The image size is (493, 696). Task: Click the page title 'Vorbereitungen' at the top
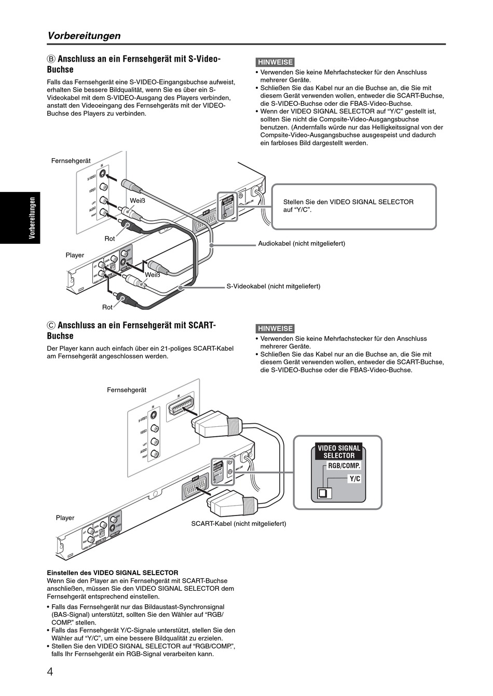tap(84, 36)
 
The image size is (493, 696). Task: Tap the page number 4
tap(50, 673)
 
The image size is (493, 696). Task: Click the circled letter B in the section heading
tap(51, 59)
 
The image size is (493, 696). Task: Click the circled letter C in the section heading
tap(51, 325)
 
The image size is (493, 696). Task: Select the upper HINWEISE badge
tap(275, 62)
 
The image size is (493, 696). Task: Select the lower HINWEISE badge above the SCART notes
tap(275, 328)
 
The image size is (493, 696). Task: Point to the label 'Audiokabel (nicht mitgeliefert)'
tap(302, 243)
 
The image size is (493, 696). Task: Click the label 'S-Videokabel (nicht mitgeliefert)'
tap(273, 286)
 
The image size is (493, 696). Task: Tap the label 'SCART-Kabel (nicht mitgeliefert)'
tap(238, 524)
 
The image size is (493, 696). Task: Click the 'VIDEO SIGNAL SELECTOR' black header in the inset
tap(339, 452)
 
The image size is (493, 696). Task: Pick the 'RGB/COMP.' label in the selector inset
tap(344, 466)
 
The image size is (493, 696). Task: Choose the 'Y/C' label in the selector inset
tap(354, 479)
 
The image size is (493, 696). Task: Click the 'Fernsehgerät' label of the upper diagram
tap(71, 161)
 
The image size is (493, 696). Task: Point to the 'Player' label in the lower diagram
tap(65, 518)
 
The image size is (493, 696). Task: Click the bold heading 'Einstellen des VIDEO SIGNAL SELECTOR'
tap(113, 573)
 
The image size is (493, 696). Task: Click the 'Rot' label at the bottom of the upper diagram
tap(107, 308)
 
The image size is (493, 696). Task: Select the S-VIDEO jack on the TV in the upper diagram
tap(103, 175)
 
